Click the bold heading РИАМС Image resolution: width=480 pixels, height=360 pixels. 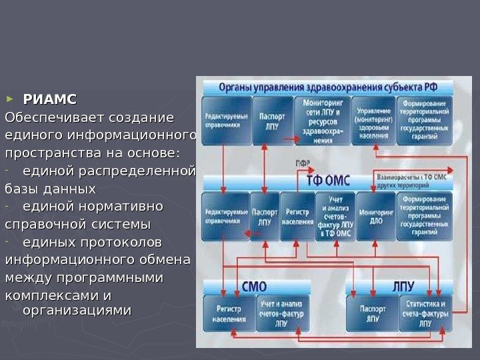coord(50,100)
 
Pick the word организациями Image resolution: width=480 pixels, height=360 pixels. coord(77,311)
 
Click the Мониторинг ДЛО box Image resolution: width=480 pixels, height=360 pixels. coord(375,216)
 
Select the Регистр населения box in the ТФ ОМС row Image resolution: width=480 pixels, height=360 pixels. coord(297,216)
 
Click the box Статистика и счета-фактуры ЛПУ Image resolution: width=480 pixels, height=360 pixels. coord(425,314)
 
